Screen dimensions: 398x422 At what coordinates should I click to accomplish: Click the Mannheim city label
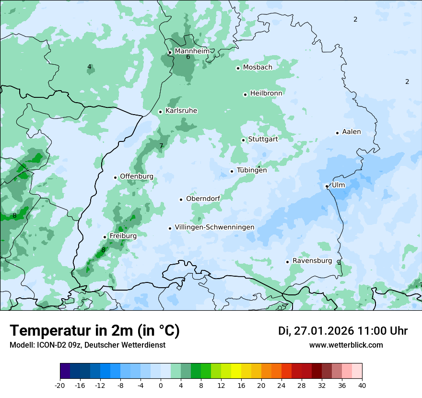pyautogui.click(x=192, y=51)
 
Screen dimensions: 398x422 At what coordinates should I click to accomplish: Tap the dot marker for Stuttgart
pyautogui.click(x=243, y=140)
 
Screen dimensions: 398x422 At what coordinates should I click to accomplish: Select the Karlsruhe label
pyautogui.click(x=181, y=111)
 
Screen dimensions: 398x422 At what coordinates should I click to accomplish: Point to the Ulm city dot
pyautogui.click(x=327, y=186)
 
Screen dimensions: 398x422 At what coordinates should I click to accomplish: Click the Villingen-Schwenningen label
pyautogui.click(x=214, y=227)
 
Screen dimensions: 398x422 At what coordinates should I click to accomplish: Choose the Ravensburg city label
pyautogui.click(x=312, y=261)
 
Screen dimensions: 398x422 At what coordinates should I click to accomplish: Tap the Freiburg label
pyautogui.click(x=123, y=236)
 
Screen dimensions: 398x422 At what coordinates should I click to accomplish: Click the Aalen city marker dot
pyautogui.click(x=337, y=133)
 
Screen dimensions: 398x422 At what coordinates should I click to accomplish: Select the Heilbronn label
pyautogui.click(x=266, y=93)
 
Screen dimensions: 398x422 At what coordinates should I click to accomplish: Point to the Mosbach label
pyautogui.click(x=257, y=68)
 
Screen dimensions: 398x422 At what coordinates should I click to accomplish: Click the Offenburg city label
pyautogui.click(x=136, y=176)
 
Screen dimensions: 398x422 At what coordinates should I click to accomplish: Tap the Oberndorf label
pyautogui.click(x=203, y=199)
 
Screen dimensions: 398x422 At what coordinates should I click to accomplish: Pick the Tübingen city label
pyautogui.click(x=251, y=170)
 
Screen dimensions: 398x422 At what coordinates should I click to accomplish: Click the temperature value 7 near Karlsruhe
pyautogui.click(x=161, y=146)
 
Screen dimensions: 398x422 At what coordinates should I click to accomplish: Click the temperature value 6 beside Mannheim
pyautogui.click(x=188, y=57)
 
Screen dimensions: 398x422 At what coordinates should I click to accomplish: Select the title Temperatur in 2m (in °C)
pyautogui.click(x=94, y=330)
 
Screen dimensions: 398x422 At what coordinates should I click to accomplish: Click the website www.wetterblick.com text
pyautogui.click(x=346, y=345)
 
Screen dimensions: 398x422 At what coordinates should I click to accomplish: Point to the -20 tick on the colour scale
pyautogui.click(x=60, y=385)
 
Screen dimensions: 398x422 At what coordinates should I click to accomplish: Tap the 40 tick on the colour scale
pyautogui.click(x=362, y=385)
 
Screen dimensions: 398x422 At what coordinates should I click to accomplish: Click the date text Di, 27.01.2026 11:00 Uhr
pyautogui.click(x=342, y=331)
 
